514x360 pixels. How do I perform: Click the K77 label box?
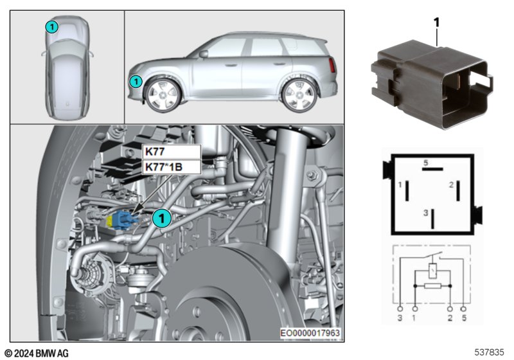tap(171, 152)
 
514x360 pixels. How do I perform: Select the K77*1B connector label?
tap(171, 167)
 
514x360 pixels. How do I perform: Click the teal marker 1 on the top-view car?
tap(52, 27)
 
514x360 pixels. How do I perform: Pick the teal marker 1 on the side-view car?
tap(136, 81)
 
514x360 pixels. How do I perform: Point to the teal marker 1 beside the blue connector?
tap(162, 218)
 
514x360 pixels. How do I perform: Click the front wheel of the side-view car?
tap(163, 94)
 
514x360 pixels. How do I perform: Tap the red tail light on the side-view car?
tap(332, 65)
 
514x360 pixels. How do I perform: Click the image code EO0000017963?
tap(310, 333)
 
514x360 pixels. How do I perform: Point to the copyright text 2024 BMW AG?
tap(37, 354)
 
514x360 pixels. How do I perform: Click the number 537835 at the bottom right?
tap(489, 352)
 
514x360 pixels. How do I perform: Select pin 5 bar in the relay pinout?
tap(432, 169)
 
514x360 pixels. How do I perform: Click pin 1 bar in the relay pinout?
tap(407, 190)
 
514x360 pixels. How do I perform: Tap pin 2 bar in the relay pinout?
tap(459, 190)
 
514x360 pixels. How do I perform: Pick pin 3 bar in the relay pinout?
tap(432, 219)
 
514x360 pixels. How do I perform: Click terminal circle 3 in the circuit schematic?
tap(400, 309)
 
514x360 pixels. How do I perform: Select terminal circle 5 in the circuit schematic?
tap(463, 309)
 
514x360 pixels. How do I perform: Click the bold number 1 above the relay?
tap(436, 22)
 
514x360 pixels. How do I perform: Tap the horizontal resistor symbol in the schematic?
tap(432, 286)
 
